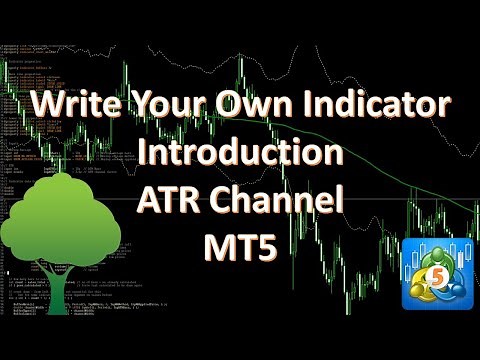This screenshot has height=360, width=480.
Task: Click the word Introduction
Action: (x=239, y=153)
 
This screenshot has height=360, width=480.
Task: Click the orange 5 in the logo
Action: (x=437, y=271)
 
